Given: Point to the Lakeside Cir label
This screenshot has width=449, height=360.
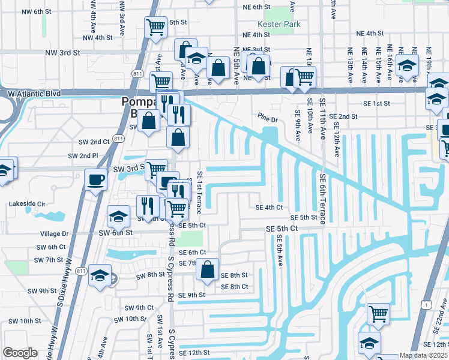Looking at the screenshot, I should [x=27, y=204].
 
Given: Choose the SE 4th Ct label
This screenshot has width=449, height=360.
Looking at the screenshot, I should [x=269, y=208].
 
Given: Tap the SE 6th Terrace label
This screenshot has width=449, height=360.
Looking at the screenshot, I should [x=322, y=199].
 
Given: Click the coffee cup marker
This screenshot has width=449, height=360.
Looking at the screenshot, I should [x=96, y=179].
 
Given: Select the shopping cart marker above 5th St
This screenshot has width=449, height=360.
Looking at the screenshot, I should [x=155, y=27].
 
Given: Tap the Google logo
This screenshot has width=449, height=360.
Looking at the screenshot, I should [x=20, y=353].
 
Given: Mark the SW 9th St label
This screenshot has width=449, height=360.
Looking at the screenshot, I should [x=41, y=291].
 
